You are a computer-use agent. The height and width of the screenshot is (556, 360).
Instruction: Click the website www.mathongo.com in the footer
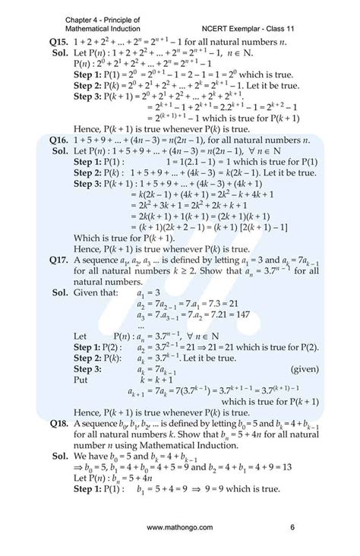coord(180,526)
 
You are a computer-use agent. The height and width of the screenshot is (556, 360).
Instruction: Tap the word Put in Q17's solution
coord(82,378)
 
